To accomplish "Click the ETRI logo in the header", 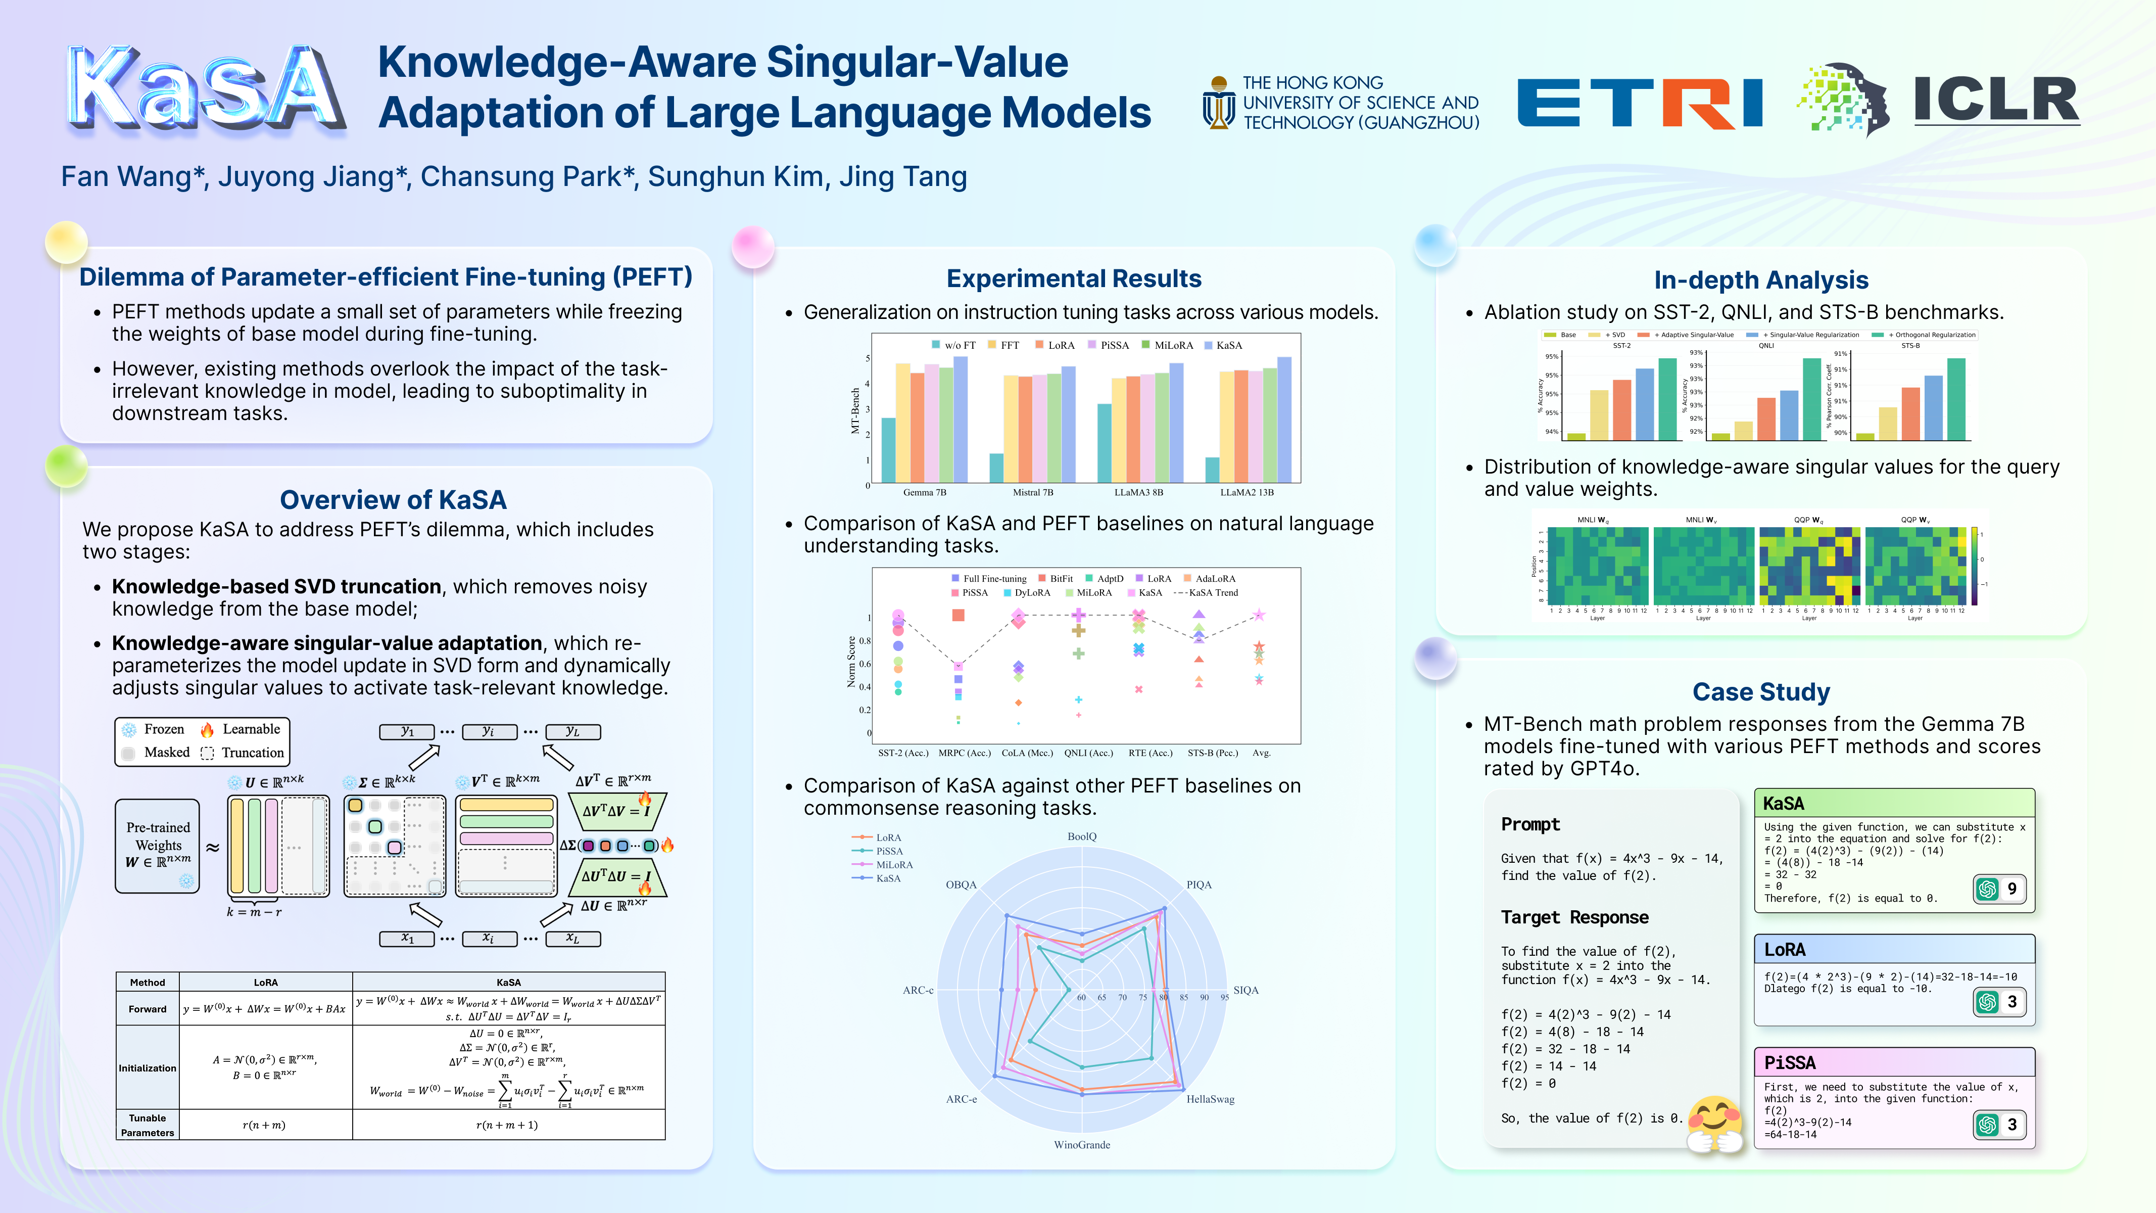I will click(x=1639, y=103).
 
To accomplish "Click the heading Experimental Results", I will click(x=1073, y=279).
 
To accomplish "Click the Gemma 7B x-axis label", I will click(x=924, y=492).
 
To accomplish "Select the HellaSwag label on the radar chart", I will click(x=1210, y=1099).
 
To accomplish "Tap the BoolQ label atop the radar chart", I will click(x=1081, y=836).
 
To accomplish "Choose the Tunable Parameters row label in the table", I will click(x=148, y=1125).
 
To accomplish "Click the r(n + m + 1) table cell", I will click(x=507, y=1125).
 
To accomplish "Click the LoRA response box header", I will click(x=1893, y=949).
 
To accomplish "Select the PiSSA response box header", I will click(x=1893, y=1062).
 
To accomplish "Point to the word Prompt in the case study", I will click(x=1530, y=824).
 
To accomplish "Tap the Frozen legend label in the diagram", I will click(x=163, y=729).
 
